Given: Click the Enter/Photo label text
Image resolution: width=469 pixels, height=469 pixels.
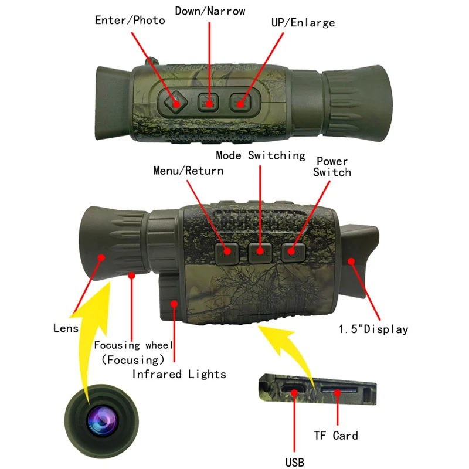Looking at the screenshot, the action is point(130,20).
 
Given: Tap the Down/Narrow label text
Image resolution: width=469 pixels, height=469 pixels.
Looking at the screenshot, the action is point(210,11).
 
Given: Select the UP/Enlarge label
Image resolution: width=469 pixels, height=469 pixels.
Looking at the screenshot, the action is point(303,22).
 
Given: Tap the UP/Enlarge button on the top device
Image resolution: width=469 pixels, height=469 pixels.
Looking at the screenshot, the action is point(240,103).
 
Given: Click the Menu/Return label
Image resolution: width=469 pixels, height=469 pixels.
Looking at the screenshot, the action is point(188,171).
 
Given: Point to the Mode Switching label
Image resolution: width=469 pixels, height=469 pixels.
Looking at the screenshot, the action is point(260,155).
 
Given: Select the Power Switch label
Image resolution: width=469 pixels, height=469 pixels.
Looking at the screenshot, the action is point(332,166).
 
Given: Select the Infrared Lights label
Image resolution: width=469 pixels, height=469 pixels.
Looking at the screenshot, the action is point(179,373).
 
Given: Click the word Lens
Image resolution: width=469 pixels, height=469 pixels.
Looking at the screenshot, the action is point(65,328).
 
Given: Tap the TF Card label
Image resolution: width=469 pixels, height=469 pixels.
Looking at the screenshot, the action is point(336,435).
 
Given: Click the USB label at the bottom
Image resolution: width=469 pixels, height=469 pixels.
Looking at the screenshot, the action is point(295,463).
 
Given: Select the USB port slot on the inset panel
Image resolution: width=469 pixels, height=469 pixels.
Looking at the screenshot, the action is point(291,389).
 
